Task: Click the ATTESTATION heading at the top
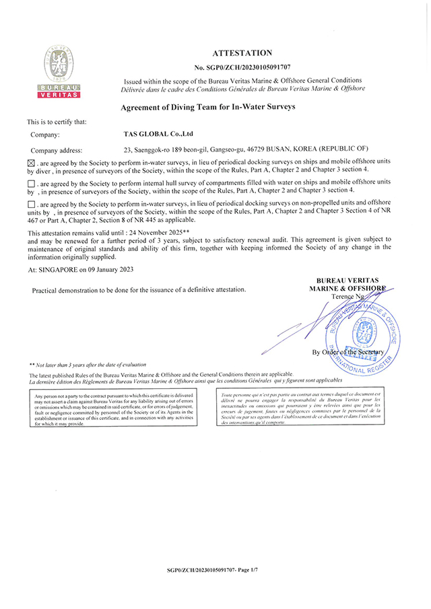click(x=242, y=52)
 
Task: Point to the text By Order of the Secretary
click(x=347, y=352)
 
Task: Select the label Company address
click(x=57, y=150)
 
